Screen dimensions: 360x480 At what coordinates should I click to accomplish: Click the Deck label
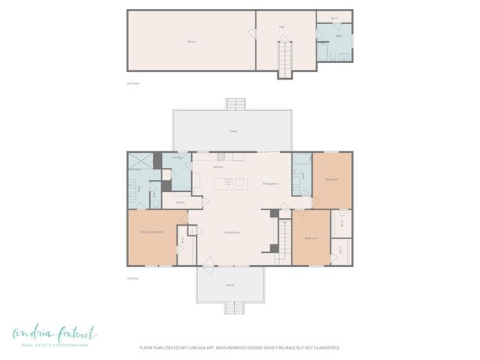click(233, 131)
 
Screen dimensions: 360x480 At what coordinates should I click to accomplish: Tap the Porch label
click(230, 286)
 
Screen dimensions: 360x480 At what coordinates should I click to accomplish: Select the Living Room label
click(232, 232)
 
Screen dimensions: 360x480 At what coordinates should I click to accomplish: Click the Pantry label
click(181, 202)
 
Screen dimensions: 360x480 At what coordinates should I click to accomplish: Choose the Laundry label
click(178, 157)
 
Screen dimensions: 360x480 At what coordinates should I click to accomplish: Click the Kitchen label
click(218, 166)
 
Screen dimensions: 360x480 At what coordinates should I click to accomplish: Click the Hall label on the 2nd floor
click(281, 26)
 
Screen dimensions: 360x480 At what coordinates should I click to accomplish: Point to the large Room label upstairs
click(191, 41)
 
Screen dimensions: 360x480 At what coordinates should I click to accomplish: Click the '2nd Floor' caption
click(133, 83)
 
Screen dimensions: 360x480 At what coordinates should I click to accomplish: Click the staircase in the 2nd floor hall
click(285, 58)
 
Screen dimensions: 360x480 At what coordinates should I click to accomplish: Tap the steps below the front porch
click(235, 307)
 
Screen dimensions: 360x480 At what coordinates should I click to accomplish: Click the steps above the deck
click(235, 104)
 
